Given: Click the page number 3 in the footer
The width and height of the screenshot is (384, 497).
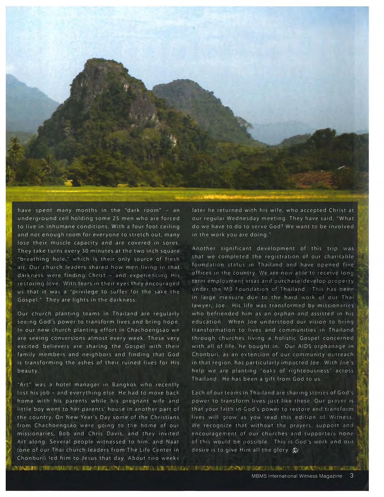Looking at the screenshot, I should coord(351,476).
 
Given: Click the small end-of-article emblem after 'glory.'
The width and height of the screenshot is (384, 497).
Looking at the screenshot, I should coord(295,450).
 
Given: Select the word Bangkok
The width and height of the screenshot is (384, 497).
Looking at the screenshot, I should coord(124,385).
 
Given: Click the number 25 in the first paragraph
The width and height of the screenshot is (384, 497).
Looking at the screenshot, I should coord(116,218).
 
